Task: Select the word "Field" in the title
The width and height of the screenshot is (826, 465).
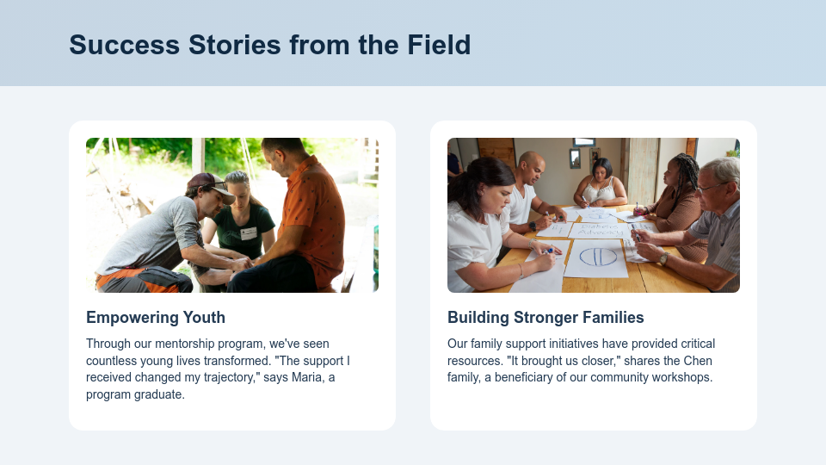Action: pos(438,45)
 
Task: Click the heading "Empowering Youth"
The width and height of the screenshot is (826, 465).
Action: pos(156,317)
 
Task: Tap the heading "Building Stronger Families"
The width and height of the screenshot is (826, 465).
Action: pos(546,317)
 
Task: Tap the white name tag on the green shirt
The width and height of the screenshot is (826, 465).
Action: pos(249,233)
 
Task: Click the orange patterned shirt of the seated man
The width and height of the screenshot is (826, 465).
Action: pos(314,211)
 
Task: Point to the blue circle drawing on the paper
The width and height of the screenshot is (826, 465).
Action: pos(597,257)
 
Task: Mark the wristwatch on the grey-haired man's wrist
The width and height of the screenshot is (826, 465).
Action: pos(663,257)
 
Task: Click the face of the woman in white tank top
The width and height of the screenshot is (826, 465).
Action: pos(602,170)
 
